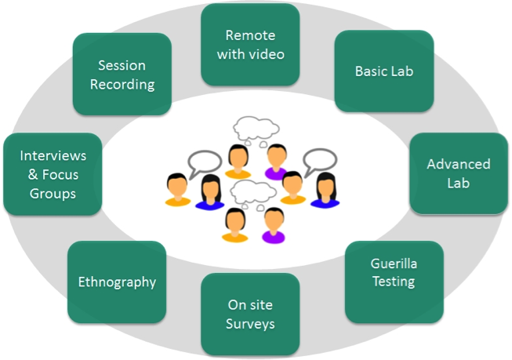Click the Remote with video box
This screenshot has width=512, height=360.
tap(250, 45)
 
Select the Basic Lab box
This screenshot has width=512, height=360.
tap(383, 71)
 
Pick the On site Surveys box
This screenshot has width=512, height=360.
tap(250, 314)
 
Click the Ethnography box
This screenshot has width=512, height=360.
tap(117, 282)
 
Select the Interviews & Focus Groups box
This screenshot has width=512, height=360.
tap(53, 173)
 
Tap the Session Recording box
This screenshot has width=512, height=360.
tap(122, 75)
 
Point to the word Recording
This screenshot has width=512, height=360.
tap(122, 84)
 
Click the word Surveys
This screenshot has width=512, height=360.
tap(250, 323)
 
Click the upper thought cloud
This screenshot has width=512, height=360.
tap(257, 129)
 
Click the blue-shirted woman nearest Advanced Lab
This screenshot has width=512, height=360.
tap(324, 191)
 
